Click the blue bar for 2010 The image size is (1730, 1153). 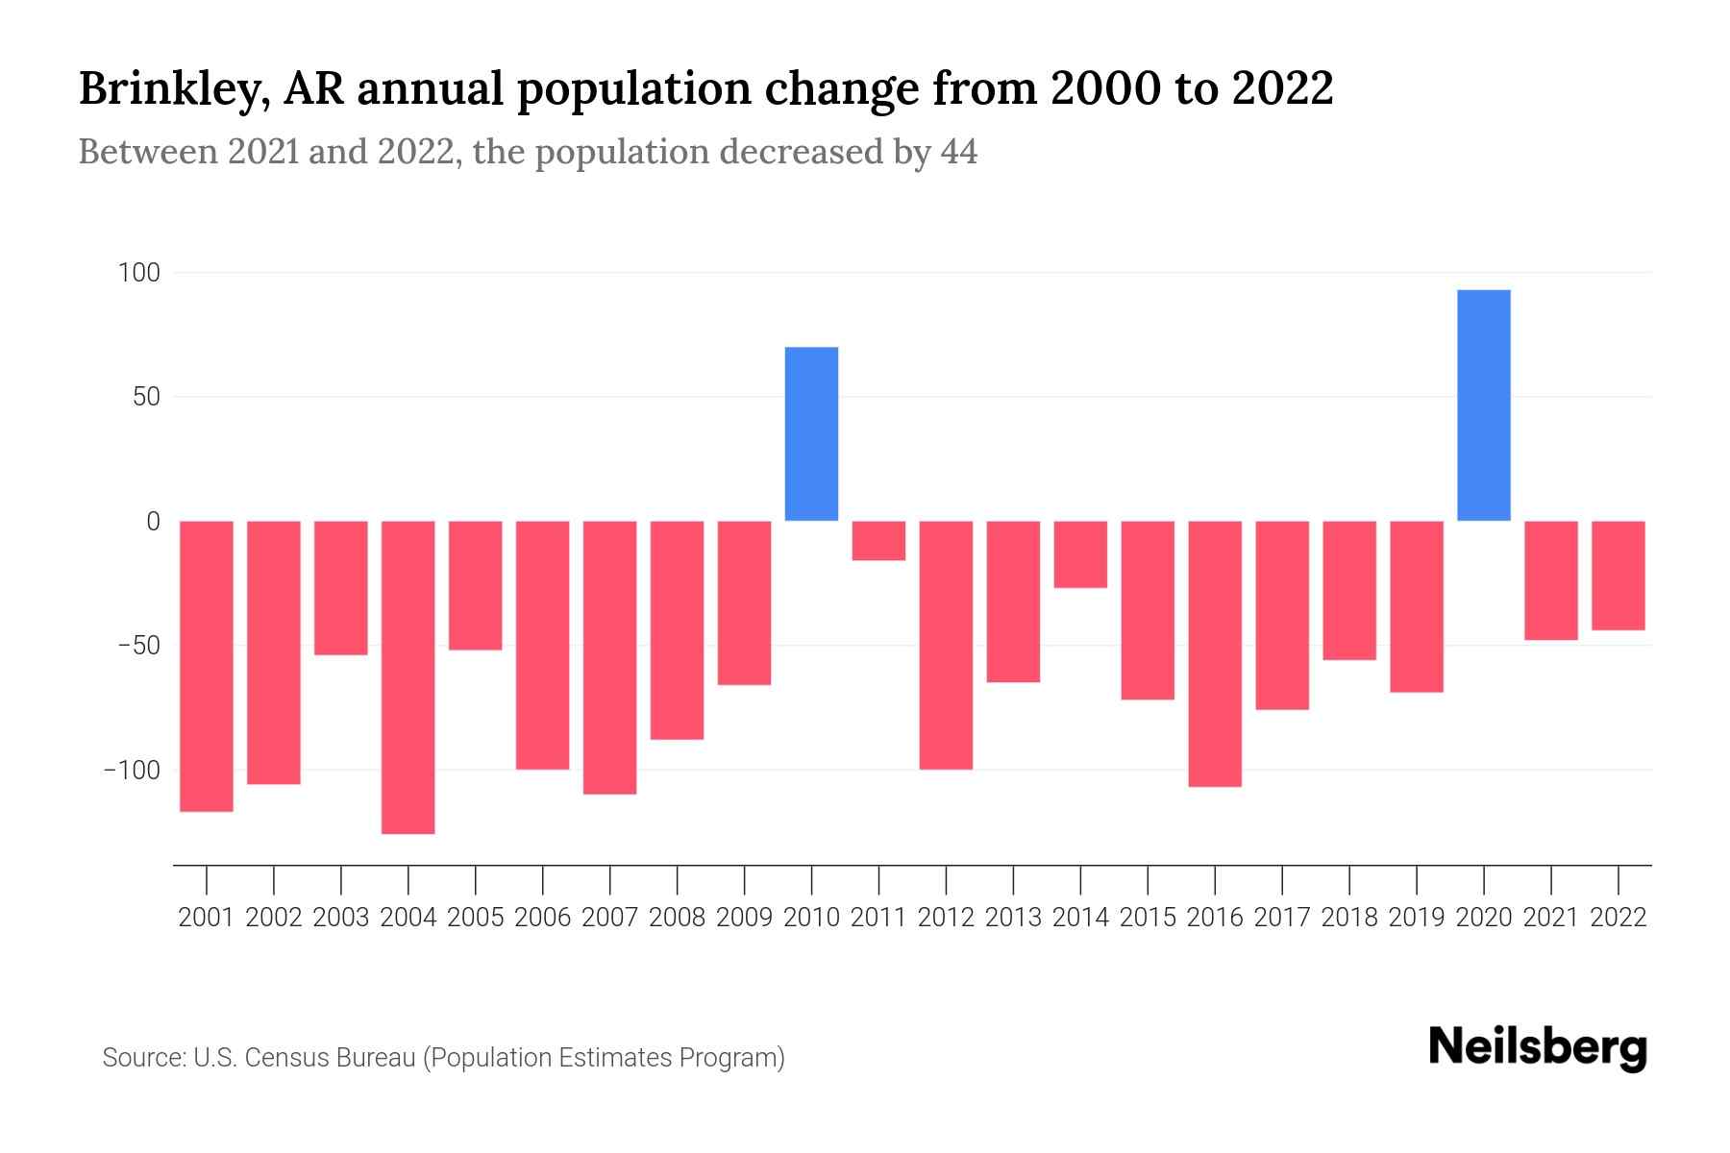click(x=811, y=433)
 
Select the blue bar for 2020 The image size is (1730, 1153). click(x=1483, y=405)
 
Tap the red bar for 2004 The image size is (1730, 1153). click(x=408, y=676)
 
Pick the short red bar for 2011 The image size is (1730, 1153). click(x=878, y=540)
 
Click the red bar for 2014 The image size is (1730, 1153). click(x=1080, y=553)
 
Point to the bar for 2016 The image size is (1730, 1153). click(x=1215, y=653)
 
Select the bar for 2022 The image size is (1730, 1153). click(x=1618, y=575)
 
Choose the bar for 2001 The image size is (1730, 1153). click(x=207, y=666)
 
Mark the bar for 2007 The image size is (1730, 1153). click(x=609, y=657)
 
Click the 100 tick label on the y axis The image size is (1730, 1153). click(x=138, y=273)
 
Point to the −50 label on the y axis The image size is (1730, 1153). click(x=138, y=645)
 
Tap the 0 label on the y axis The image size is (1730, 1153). click(x=153, y=521)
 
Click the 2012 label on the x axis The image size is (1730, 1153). click(x=946, y=918)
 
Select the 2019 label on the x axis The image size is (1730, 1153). click(x=1416, y=918)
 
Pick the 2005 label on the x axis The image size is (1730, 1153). click(x=476, y=918)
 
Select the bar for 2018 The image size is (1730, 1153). click(x=1349, y=590)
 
